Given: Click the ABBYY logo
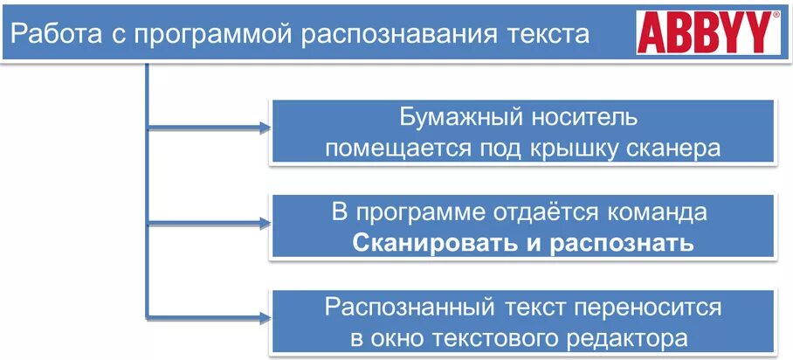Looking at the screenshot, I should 710,34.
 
